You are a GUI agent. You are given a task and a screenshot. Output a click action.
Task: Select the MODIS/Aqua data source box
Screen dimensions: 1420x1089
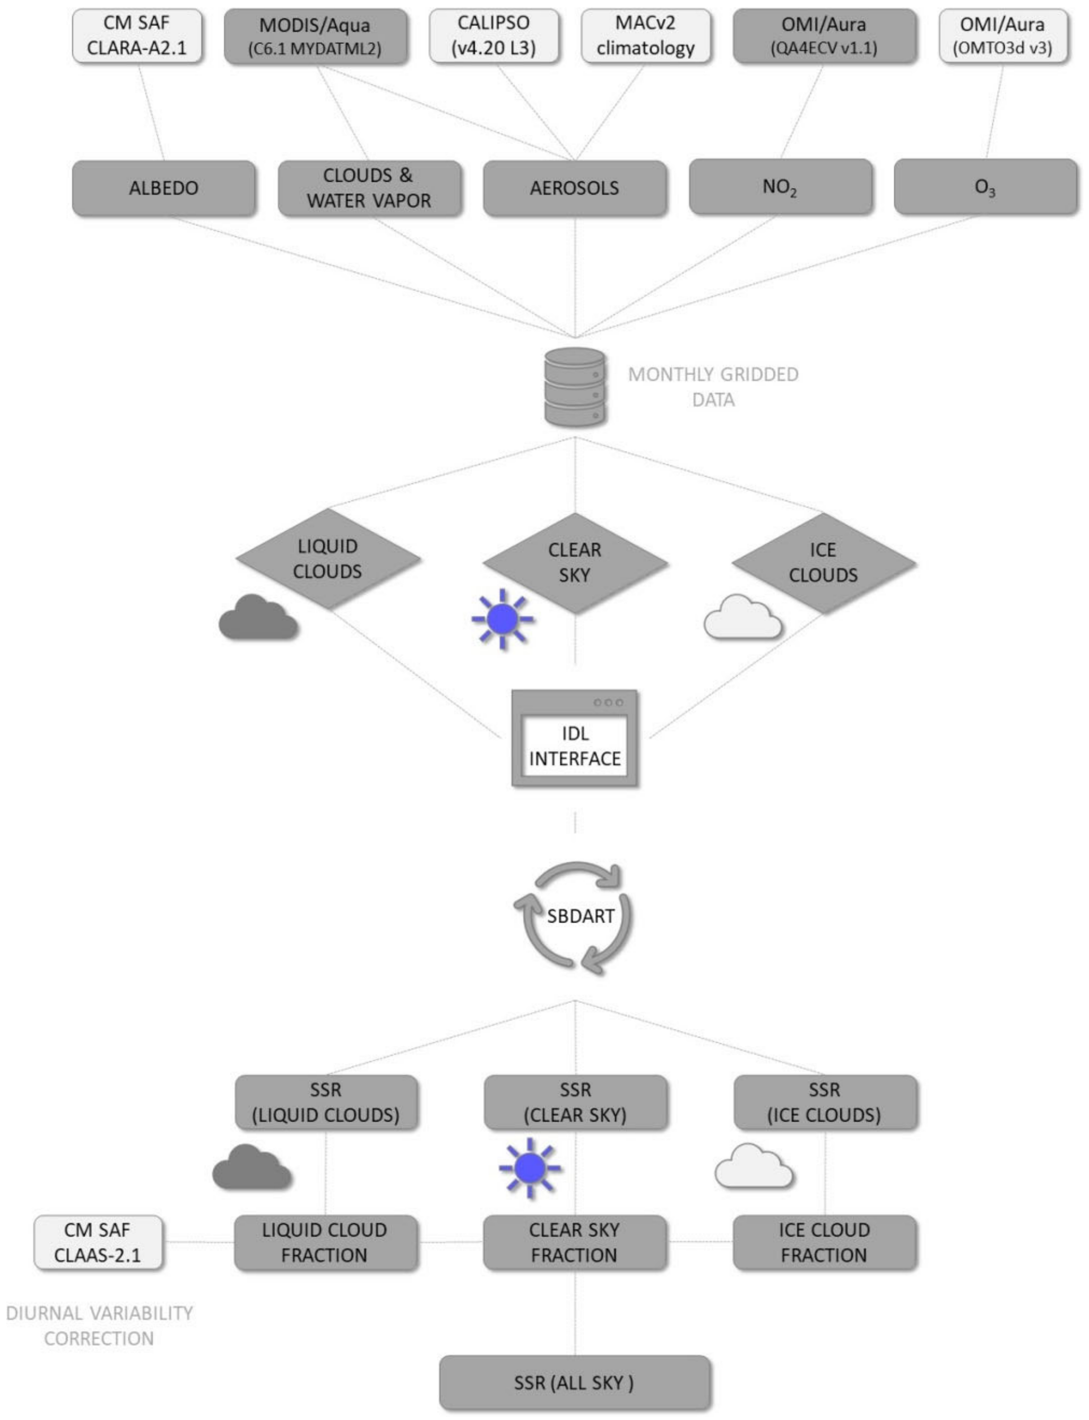[x=315, y=36]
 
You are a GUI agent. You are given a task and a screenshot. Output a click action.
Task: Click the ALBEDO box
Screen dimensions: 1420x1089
[x=163, y=188]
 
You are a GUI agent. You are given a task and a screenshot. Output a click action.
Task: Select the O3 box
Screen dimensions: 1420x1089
[x=985, y=187]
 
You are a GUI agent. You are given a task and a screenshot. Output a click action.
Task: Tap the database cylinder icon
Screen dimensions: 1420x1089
[x=575, y=387]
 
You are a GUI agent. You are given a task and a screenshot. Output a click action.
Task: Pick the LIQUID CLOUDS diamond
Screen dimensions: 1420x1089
[x=328, y=559]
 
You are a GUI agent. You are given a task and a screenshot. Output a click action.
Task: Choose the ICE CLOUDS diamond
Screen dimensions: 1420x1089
[x=823, y=563]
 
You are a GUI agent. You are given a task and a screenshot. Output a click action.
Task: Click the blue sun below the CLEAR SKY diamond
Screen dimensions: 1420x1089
[x=502, y=619]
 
